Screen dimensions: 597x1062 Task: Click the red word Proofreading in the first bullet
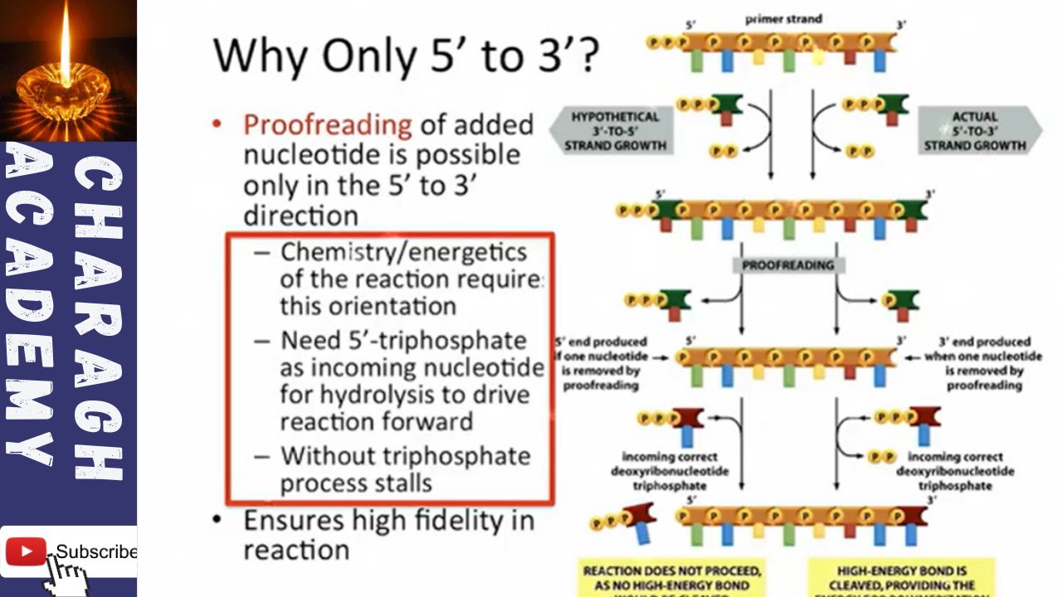click(x=327, y=124)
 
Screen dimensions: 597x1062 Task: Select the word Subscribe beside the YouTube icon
click(x=95, y=552)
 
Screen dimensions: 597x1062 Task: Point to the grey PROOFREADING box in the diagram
click(x=788, y=265)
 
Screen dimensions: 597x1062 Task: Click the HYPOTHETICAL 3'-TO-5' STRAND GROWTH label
click(x=615, y=131)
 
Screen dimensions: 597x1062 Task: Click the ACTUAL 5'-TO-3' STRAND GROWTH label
click(x=975, y=131)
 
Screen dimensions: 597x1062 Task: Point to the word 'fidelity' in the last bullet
click(x=452, y=521)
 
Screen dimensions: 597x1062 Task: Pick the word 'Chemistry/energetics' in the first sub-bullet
click(x=403, y=251)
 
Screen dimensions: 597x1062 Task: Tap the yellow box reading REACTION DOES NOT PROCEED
click(x=672, y=578)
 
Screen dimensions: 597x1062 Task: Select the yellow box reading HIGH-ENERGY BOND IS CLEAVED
click(x=901, y=578)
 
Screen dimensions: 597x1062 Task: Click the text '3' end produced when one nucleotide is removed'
click(x=984, y=363)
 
